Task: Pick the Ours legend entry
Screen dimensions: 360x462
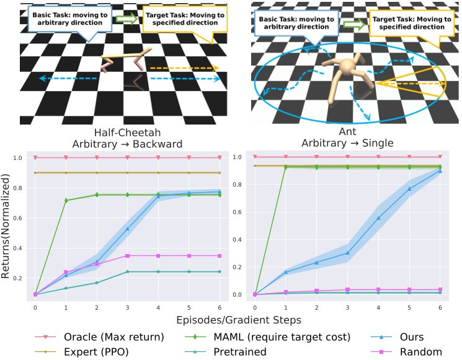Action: [x=410, y=338]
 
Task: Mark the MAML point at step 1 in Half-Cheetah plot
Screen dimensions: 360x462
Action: [x=66, y=200]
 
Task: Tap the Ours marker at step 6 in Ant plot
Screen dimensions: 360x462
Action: [x=440, y=170]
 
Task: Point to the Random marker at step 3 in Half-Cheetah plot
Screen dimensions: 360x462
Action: [x=127, y=255]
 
